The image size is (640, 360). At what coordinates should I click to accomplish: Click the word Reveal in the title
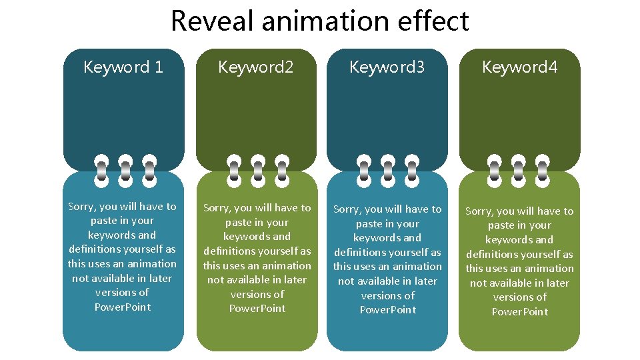[x=213, y=21]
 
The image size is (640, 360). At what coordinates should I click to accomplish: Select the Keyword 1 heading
[x=123, y=67]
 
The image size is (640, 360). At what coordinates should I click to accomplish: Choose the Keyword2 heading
[x=256, y=67]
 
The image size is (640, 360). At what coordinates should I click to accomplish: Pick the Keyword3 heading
[x=387, y=67]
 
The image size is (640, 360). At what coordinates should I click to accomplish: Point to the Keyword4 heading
[x=519, y=67]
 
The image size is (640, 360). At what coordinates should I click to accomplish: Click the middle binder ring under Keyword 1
[x=125, y=171]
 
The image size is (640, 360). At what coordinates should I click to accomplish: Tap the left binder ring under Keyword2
[x=234, y=171]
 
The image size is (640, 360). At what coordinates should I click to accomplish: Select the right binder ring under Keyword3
[x=412, y=171]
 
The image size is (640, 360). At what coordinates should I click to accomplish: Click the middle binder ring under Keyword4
[x=519, y=171]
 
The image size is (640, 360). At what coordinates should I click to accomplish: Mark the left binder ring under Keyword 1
[x=101, y=171]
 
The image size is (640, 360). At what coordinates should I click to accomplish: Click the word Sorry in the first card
[x=82, y=207]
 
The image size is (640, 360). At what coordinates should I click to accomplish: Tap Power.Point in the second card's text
[x=257, y=309]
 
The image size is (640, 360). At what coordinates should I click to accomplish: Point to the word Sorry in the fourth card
[x=479, y=211]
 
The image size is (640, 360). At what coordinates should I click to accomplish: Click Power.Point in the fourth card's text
[x=520, y=312]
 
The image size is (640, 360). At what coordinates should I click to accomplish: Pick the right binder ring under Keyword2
[x=282, y=171]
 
